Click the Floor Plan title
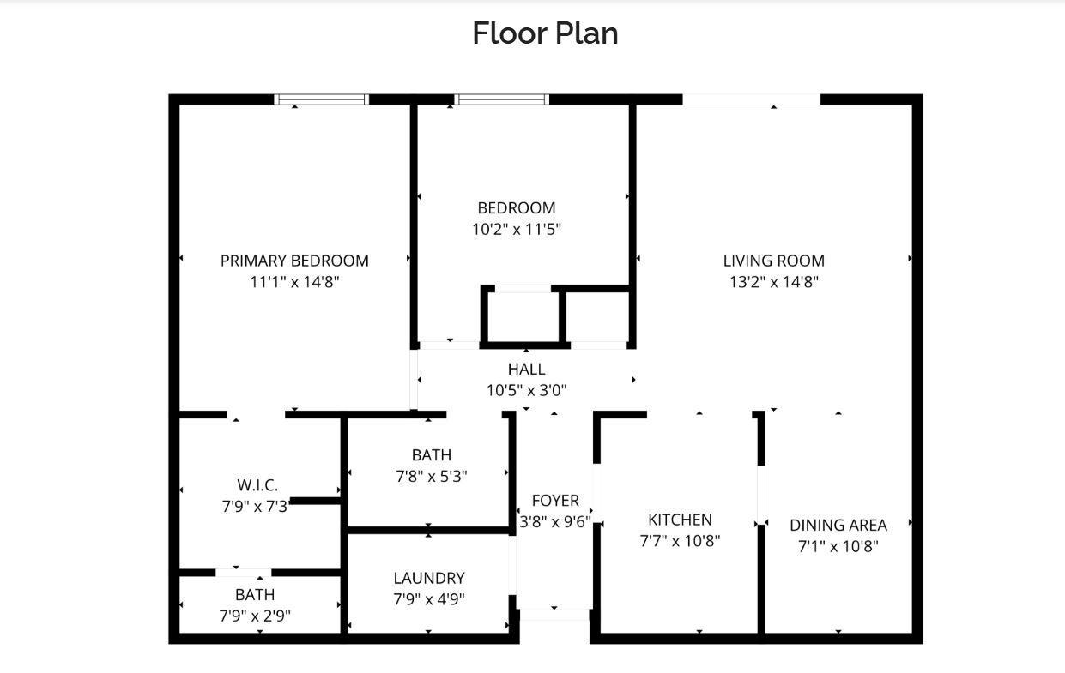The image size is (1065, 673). point(545,33)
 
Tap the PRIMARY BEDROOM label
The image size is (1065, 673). point(294,261)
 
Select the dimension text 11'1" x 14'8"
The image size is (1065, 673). point(294,282)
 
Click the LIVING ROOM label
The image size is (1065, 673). point(773,261)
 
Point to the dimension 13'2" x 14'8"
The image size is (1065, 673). point(773,282)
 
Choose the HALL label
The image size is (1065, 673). point(526,369)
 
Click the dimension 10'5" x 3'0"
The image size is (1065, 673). point(526,390)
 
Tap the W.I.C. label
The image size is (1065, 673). point(257,485)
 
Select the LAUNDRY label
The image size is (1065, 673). point(429,578)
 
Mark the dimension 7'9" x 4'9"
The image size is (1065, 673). point(429,599)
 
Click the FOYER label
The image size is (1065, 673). point(555,501)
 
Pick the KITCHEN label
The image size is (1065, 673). point(680,520)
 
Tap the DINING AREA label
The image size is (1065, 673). point(838,526)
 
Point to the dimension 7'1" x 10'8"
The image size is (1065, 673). point(838,547)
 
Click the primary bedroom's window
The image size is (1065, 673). point(321,99)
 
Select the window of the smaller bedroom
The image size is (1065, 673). point(501,99)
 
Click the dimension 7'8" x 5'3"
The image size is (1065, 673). point(431,477)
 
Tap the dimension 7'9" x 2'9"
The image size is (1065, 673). point(255,616)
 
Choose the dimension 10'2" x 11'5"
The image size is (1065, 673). point(517,230)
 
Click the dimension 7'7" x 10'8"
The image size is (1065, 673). point(680,541)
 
